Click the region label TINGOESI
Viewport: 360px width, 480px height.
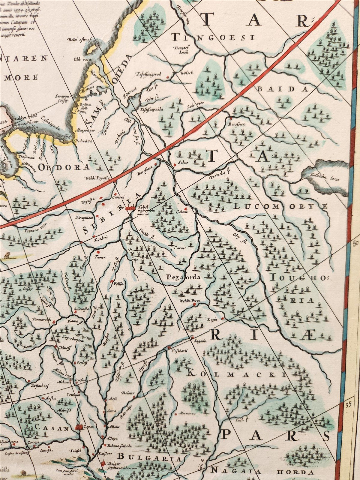click(x=213, y=37)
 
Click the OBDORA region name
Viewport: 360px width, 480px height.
click(x=64, y=167)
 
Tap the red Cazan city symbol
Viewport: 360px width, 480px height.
click(x=80, y=426)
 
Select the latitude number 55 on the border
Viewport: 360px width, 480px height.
click(x=348, y=404)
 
